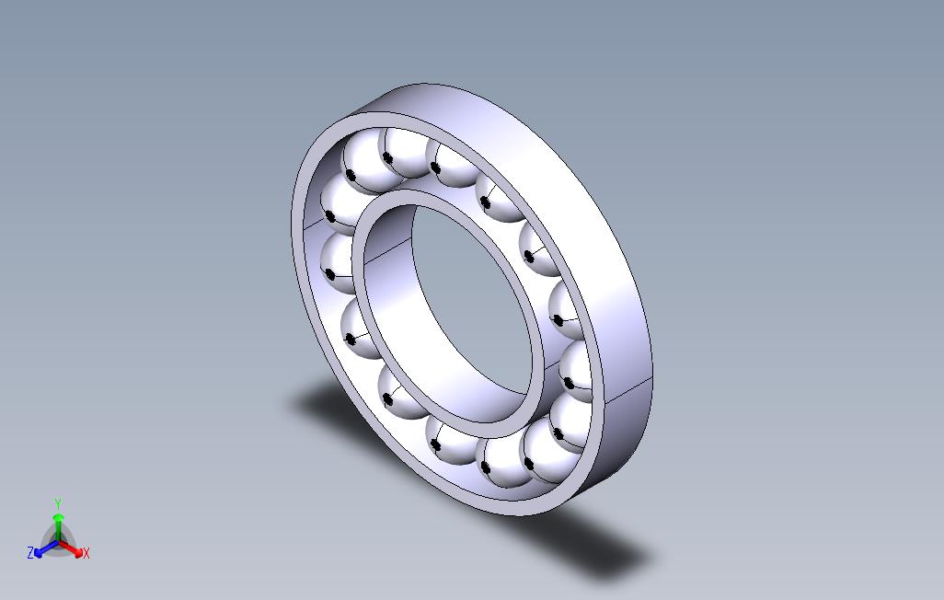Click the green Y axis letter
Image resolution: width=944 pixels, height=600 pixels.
click(57, 503)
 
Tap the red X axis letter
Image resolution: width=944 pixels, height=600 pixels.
click(86, 553)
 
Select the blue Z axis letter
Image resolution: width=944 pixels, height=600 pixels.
click(30, 553)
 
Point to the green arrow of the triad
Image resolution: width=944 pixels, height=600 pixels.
click(58, 522)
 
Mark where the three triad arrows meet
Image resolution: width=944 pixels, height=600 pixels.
click(59, 541)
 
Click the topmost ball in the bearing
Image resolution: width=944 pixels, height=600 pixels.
click(405, 152)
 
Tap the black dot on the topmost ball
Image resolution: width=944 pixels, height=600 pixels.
click(388, 159)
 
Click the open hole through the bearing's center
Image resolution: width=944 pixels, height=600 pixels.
click(469, 304)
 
